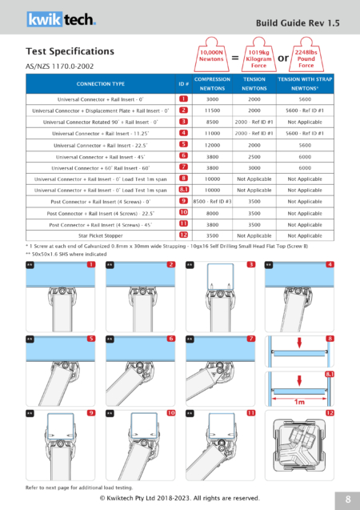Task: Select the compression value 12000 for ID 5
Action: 212,145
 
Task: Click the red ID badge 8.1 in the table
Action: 183,191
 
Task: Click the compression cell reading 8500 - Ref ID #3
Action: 212,202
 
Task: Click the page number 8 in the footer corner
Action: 348,498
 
